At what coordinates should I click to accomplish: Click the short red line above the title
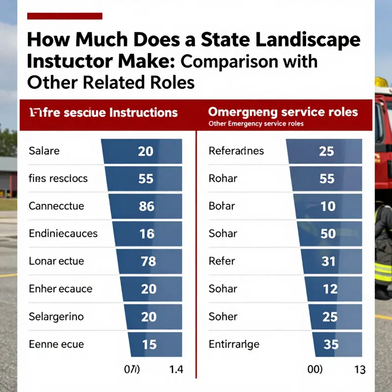point(64,16)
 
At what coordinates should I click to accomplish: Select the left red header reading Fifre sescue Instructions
point(102,112)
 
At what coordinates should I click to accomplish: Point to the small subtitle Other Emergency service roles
point(256,124)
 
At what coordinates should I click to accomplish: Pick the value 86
point(146,206)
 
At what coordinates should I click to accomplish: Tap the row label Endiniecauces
point(63,233)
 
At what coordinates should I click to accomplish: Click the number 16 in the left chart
point(147,234)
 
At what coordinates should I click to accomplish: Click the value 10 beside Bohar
point(327,206)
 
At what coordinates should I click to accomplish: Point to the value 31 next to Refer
point(327,261)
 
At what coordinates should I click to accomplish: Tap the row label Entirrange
point(234,343)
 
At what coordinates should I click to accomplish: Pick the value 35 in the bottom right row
point(331,344)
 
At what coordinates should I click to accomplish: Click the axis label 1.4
point(176,369)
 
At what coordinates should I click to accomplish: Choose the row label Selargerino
point(56,316)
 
